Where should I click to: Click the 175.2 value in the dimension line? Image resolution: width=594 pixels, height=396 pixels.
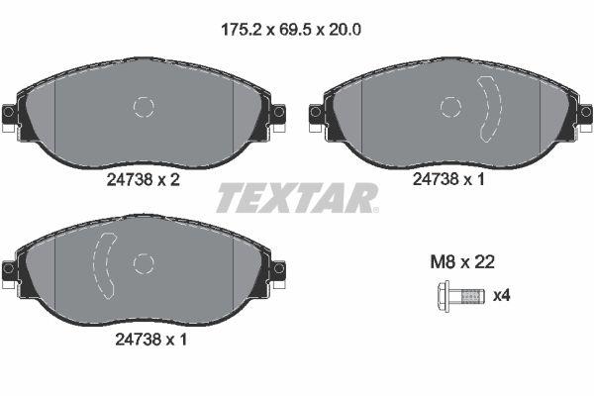click(240, 29)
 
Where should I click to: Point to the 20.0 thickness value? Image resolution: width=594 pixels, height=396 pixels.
click(345, 29)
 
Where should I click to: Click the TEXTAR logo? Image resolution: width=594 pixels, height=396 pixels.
click(297, 198)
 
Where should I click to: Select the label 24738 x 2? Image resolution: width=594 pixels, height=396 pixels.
click(143, 181)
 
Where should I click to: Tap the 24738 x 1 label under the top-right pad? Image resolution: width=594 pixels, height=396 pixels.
click(450, 181)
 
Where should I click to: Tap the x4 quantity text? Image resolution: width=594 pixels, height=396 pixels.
click(503, 295)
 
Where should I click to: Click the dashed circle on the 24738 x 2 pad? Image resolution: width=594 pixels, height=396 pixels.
click(144, 108)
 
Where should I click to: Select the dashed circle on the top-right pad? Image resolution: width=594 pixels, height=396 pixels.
click(451, 108)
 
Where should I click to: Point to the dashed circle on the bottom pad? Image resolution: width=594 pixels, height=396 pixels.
click(144, 263)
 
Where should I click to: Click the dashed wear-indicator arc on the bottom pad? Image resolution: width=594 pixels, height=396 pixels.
click(103, 263)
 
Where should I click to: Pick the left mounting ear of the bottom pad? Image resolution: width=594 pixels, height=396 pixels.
click(9, 268)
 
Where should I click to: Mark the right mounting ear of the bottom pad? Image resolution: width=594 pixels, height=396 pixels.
click(278, 268)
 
